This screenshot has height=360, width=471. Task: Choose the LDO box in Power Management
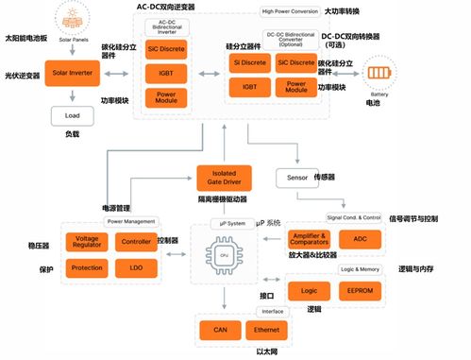coord(134,267)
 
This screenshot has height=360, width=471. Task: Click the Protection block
coord(87,267)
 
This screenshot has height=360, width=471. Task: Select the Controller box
coord(134,242)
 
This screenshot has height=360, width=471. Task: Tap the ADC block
coord(360,239)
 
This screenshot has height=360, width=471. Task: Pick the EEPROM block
coord(360,292)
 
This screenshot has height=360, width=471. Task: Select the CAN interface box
coord(219,331)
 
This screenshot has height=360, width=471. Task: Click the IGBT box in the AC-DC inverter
coord(167,73)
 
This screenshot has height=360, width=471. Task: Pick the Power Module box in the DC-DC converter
coord(296,88)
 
